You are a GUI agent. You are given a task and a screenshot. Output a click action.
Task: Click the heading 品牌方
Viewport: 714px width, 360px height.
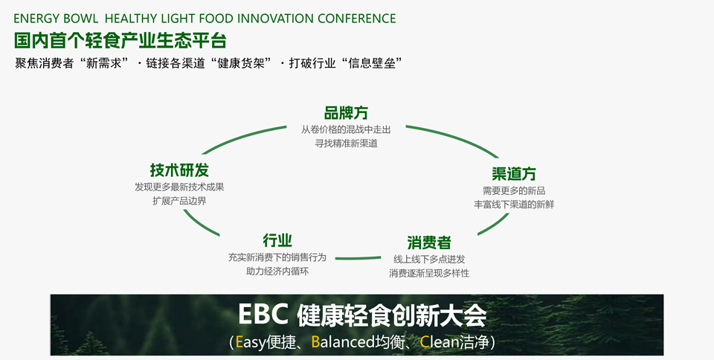tap(346, 113)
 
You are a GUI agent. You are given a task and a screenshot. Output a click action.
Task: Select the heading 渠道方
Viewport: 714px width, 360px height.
tap(514, 173)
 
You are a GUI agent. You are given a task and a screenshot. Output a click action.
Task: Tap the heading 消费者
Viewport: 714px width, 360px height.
tap(429, 242)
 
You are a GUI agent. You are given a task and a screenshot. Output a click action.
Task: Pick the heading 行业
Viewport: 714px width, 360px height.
tap(277, 240)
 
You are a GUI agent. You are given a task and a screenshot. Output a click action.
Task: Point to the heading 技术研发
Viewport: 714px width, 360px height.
tap(179, 170)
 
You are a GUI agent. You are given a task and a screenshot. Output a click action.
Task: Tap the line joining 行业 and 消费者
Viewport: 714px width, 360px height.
tap(358, 258)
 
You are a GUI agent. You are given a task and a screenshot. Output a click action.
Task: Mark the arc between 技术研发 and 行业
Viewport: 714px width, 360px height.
tap(199, 224)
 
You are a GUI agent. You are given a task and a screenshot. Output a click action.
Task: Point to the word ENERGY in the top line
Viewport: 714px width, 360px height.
tap(33, 19)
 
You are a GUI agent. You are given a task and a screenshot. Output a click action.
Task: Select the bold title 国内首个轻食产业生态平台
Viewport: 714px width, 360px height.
tap(120, 40)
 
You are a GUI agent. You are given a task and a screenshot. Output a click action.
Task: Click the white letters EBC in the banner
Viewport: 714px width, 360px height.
tap(263, 315)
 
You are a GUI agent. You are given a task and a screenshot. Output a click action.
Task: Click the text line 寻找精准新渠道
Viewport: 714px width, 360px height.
tap(346, 144)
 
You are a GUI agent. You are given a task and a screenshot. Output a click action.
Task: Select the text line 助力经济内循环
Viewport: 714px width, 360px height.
tap(277, 271)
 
